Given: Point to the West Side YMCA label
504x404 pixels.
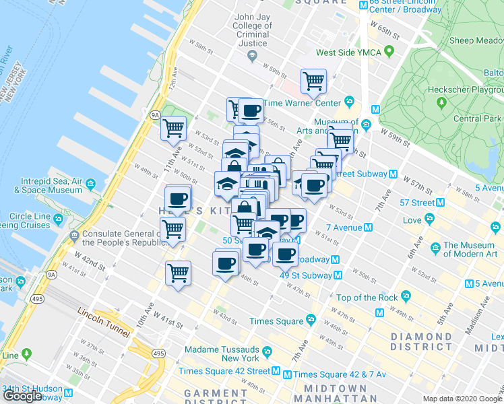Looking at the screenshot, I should [348, 53].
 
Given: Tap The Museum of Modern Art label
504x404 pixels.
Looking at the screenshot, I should [469, 250].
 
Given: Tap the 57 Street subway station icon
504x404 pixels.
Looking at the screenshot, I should [440, 202].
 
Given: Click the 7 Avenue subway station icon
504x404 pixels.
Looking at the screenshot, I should [368, 228].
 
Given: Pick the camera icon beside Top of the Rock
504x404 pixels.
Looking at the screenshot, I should [405, 296].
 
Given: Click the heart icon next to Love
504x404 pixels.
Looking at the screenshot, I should [429, 220].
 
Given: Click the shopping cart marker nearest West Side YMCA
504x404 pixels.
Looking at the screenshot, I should [313, 81].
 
